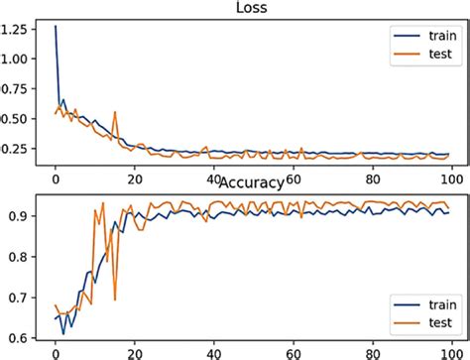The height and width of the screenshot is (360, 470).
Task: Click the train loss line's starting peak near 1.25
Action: coord(56,27)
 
